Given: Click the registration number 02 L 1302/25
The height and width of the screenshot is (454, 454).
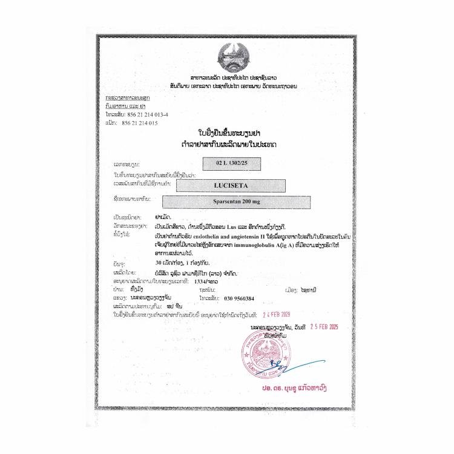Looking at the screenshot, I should [227, 163].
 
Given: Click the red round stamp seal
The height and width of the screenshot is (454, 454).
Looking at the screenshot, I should [265, 355].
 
